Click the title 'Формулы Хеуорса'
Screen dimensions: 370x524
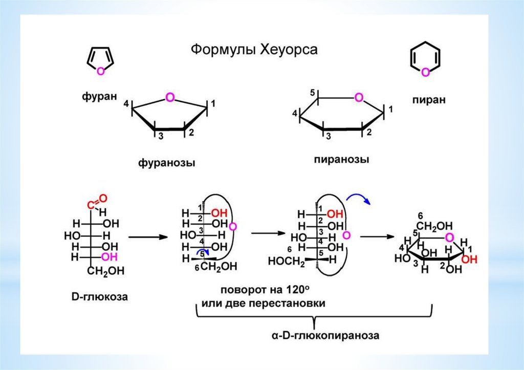tap(254, 50)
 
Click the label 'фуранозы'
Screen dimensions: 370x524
tap(167, 163)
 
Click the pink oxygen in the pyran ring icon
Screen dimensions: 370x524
tap(425, 73)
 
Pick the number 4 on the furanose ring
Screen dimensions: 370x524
tap(126, 104)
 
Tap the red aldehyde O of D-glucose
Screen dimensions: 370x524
tap(103, 198)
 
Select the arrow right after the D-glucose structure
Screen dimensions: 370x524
tap(148, 237)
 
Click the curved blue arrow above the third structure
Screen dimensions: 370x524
tap(360, 199)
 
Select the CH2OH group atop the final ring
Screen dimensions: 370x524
tap(434, 226)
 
